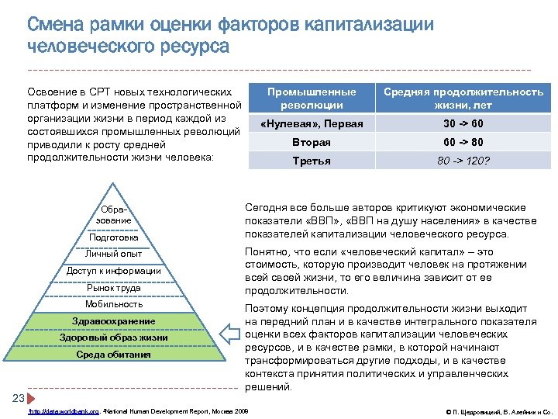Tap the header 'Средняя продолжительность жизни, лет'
pyautogui.click(x=463, y=98)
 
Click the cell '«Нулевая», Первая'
pyautogui.click(x=312, y=124)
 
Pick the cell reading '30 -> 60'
pyautogui.click(x=463, y=124)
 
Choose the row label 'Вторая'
pyautogui.click(x=312, y=143)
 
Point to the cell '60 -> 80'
pyautogui.click(x=463, y=143)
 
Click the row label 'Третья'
pyautogui.click(x=312, y=161)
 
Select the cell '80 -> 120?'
pyautogui.click(x=463, y=161)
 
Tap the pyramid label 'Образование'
pyautogui.click(x=113, y=215)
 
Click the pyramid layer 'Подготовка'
pyautogui.click(x=113, y=237)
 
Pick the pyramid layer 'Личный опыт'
pyautogui.click(x=113, y=255)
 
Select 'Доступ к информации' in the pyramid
pyautogui.click(x=113, y=271)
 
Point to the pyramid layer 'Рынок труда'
pyautogui.click(x=113, y=288)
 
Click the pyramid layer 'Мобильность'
pyautogui.click(x=113, y=304)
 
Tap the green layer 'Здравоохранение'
pyautogui.click(x=113, y=321)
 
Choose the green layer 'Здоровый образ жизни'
pyautogui.click(x=113, y=338)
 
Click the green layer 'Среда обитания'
pyautogui.click(x=113, y=355)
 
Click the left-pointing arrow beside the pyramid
pyautogui.click(x=232, y=334)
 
